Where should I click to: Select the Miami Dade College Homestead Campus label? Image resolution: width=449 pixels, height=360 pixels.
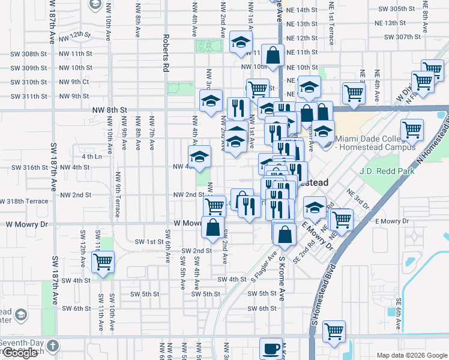375,143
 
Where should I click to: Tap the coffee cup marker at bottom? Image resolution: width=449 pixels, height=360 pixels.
271,348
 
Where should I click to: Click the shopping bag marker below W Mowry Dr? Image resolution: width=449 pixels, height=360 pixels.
212,228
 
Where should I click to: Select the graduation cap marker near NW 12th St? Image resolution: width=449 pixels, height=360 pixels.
241,42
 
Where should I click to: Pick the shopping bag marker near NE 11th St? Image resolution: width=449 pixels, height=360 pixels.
273,55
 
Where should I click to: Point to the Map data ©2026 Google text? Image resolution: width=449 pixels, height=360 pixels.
412,355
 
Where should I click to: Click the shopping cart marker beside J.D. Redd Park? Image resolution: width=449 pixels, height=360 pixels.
412,130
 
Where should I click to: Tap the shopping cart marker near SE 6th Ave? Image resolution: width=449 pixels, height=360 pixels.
334,331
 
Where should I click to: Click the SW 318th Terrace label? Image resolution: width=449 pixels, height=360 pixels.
23,201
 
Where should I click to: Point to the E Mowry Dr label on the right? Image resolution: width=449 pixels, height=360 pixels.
391,221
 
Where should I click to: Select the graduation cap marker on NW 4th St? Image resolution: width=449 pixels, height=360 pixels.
200,157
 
